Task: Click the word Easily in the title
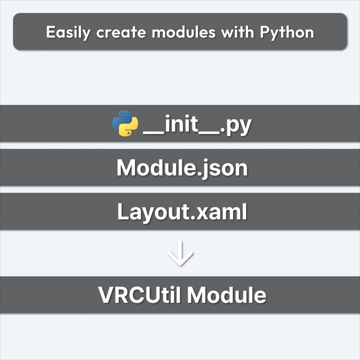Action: point(68,33)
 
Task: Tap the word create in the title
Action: point(121,32)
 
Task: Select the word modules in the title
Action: point(184,32)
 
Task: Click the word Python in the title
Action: point(287,33)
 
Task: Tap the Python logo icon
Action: point(125,123)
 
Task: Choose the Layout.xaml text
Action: point(182,212)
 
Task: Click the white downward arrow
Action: point(180,253)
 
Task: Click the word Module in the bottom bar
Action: point(227,295)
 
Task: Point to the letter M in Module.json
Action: point(126,168)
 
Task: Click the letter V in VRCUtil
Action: point(106,295)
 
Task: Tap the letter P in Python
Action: point(265,32)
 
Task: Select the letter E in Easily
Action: point(51,32)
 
